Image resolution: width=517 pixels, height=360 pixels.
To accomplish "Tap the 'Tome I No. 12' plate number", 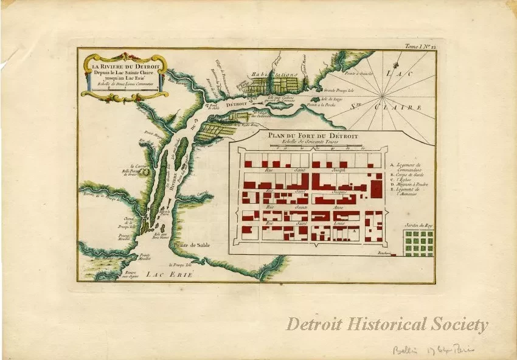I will tap(419, 46).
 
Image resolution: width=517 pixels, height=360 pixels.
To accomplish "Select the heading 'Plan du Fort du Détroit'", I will tap(311, 136).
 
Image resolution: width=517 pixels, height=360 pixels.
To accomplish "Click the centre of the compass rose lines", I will tap(383, 96).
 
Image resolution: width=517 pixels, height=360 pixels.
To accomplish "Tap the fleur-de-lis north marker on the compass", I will tap(397, 60).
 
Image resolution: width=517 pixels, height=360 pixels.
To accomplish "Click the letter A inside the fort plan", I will tap(353, 232).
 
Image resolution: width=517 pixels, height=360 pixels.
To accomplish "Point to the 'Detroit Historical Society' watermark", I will tap(387, 325).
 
